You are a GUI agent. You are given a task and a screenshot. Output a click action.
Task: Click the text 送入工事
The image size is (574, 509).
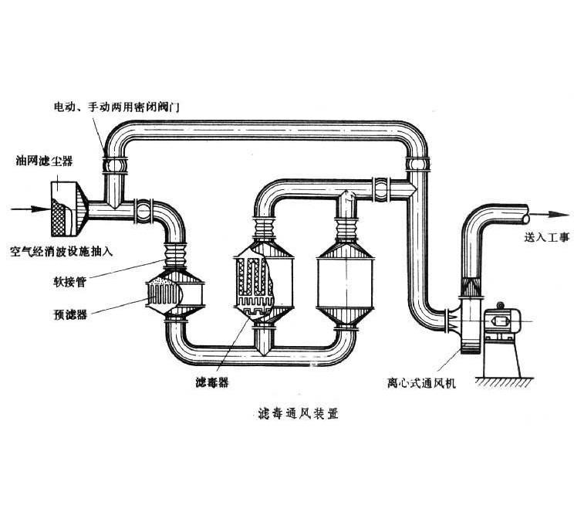coord(546,238)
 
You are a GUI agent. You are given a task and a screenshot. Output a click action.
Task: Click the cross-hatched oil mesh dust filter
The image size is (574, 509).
coord(64,209)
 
